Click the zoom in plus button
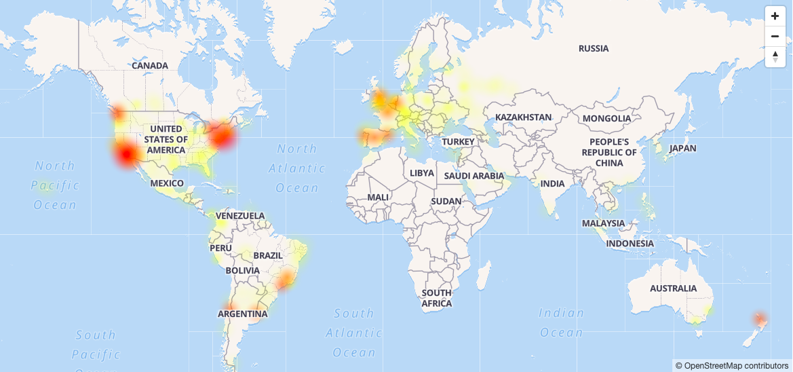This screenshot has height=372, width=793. click(x=775, y=16)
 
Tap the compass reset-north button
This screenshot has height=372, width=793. click(x=775, y=56)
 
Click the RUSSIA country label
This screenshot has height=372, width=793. click(x=594, y=48)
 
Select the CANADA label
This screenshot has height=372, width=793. click(x=150, y=66)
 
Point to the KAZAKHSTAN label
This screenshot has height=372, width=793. click(x=523, y=117)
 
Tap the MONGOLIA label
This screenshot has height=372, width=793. click(x=606, y=118)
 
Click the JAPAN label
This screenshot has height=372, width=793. click(x=682, y=148)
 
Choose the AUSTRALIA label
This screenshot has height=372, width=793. click(x=673, y=289)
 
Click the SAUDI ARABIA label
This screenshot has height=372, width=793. click(x=474, y=176)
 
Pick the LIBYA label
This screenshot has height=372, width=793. click(x=421, y=173)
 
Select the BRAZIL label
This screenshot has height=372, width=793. click(x=267, y=255)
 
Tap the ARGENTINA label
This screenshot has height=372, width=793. click(x=242, y=314)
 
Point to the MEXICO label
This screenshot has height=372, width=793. click(x=167, y=183)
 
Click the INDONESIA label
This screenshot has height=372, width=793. click(x=630, y=243)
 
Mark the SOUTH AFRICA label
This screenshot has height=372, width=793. click(x=436, y=298)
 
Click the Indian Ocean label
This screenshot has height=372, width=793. click(x=561, y=322)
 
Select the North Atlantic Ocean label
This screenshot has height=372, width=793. click(x=297, y=168)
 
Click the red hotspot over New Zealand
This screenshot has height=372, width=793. click(x=760, y=318)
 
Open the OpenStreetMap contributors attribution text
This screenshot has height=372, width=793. click(x=733, y=366)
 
